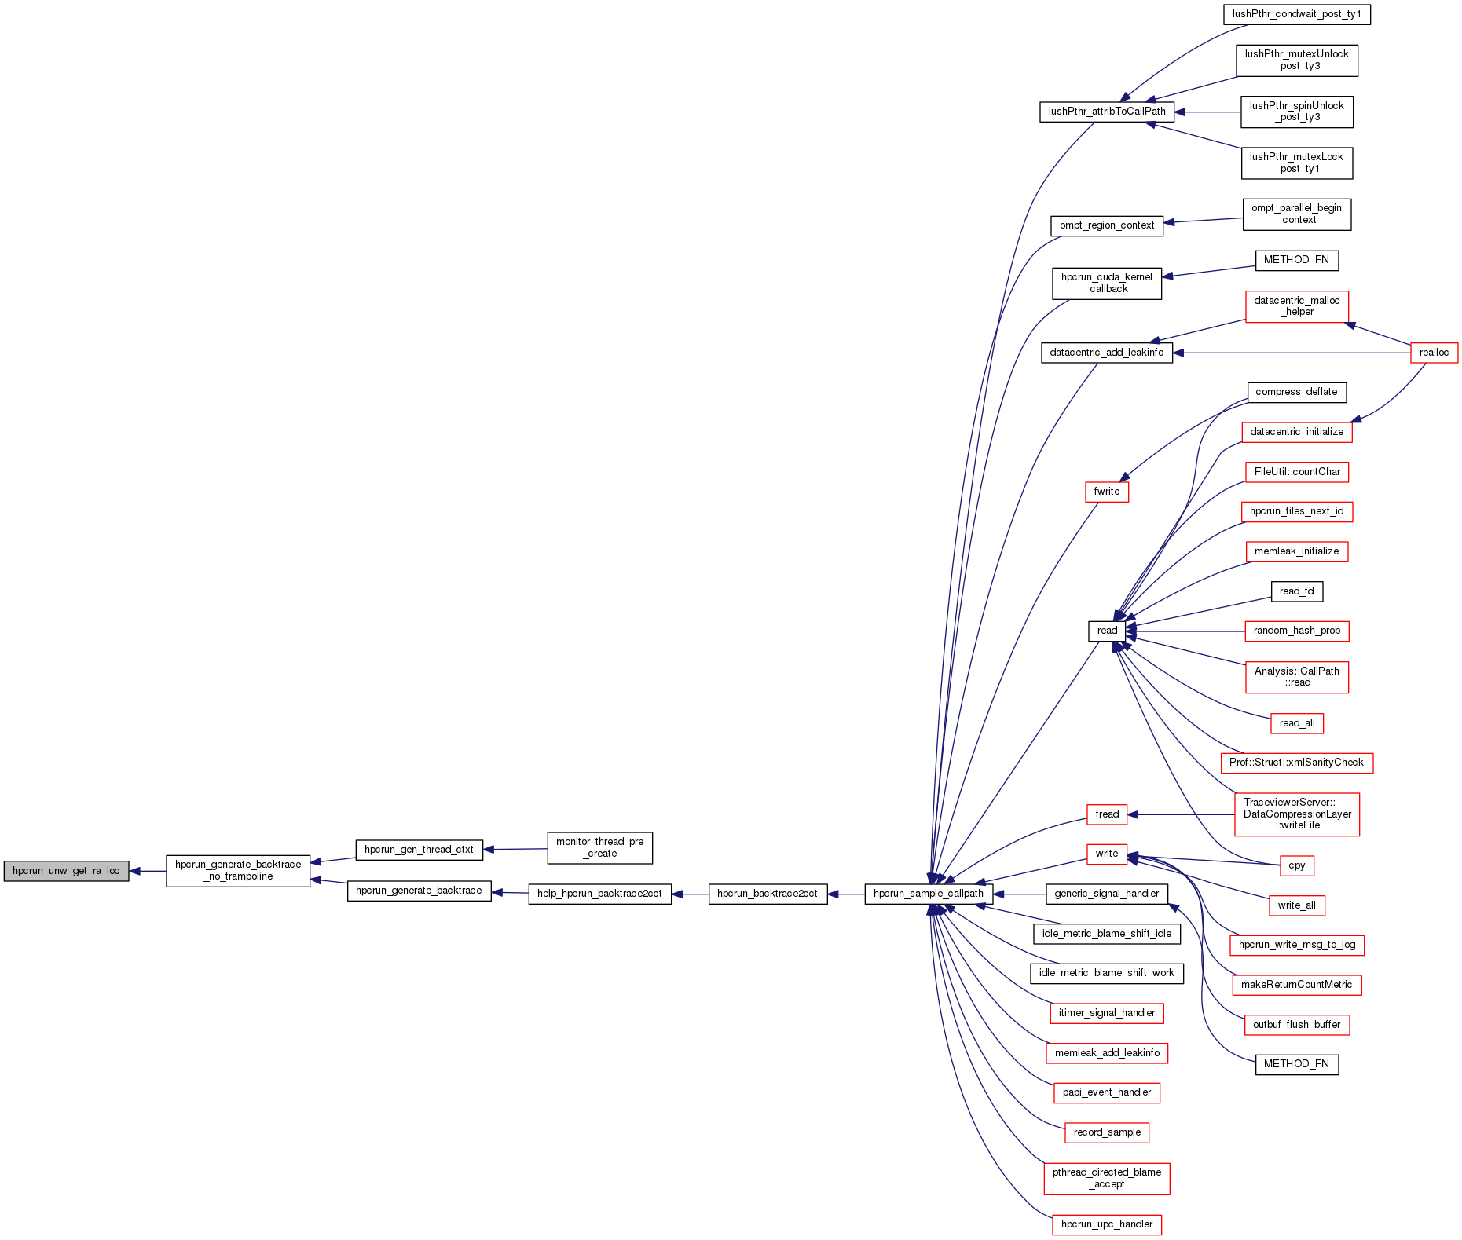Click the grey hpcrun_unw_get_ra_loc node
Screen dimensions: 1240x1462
66,871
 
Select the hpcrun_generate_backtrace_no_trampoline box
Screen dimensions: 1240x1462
238,871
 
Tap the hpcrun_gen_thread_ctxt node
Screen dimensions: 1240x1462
419,850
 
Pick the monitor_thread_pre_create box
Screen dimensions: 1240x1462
599,848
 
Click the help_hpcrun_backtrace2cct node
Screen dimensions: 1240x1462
599,894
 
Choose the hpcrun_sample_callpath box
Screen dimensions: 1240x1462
928,894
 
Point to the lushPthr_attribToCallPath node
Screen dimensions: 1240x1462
1107,112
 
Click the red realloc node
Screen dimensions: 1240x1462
1434,353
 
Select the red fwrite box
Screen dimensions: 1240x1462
1106,492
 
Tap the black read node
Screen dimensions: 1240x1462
1107,631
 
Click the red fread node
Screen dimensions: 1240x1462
1107,814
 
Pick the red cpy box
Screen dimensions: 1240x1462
1296,865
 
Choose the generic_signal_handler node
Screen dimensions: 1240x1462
1106,894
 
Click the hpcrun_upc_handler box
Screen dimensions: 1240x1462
1106,1224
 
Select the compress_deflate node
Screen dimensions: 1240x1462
1296,392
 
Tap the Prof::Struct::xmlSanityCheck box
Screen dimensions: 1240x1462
1296,763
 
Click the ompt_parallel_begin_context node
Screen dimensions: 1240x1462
1296,214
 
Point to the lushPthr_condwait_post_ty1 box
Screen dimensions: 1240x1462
1296,14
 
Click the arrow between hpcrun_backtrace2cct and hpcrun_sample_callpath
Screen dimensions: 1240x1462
846,894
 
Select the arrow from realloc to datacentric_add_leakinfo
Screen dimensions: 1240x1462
1296,353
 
